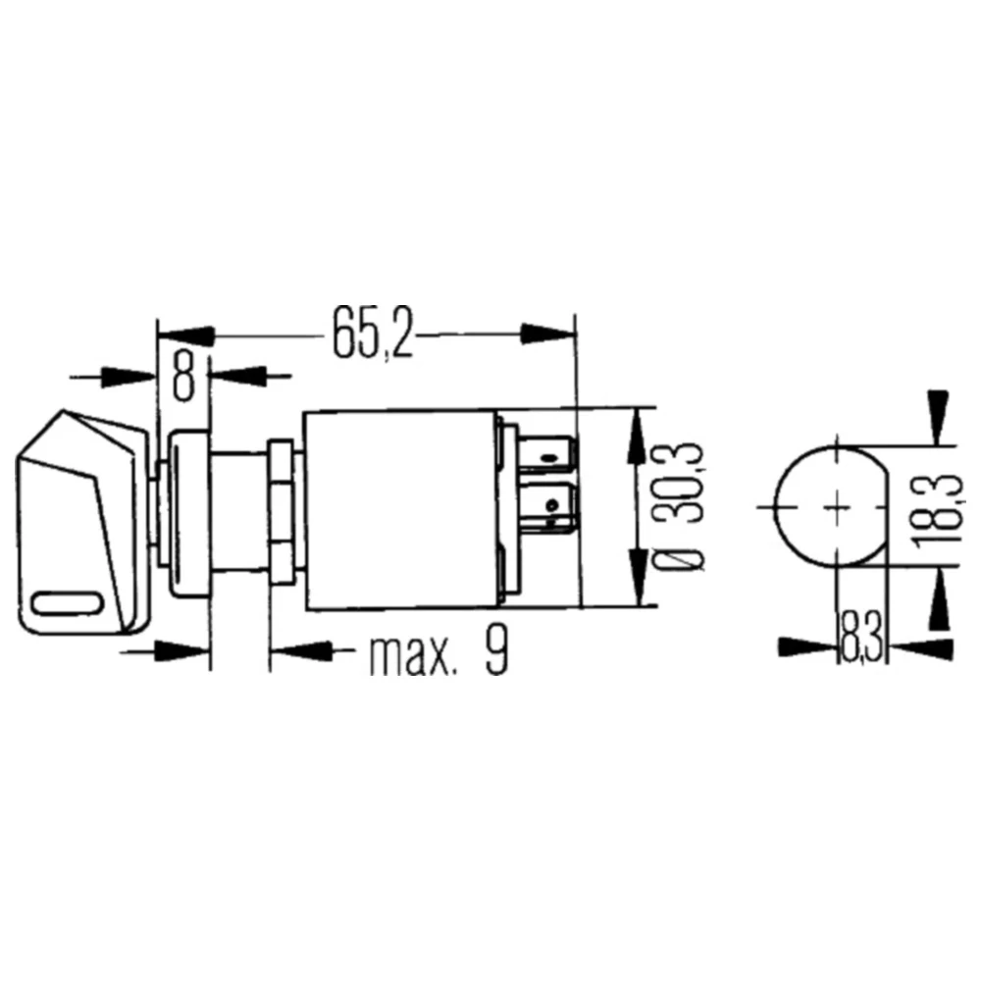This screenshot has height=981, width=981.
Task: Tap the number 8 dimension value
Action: click(183, 376)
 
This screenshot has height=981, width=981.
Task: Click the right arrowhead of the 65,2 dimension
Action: click(549, 334)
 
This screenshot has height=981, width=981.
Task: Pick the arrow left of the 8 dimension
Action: click(128, 376)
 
